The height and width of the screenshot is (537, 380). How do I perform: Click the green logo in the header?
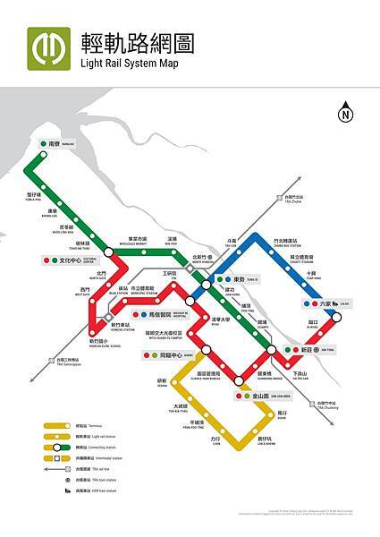click(48, 48)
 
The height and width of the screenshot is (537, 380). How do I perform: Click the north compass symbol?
click(345, 114)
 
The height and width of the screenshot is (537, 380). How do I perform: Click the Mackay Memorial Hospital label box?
click(162, 314)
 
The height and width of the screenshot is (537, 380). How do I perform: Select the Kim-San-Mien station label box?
click(263, 396)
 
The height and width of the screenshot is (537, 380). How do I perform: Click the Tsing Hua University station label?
click(221, 320)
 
